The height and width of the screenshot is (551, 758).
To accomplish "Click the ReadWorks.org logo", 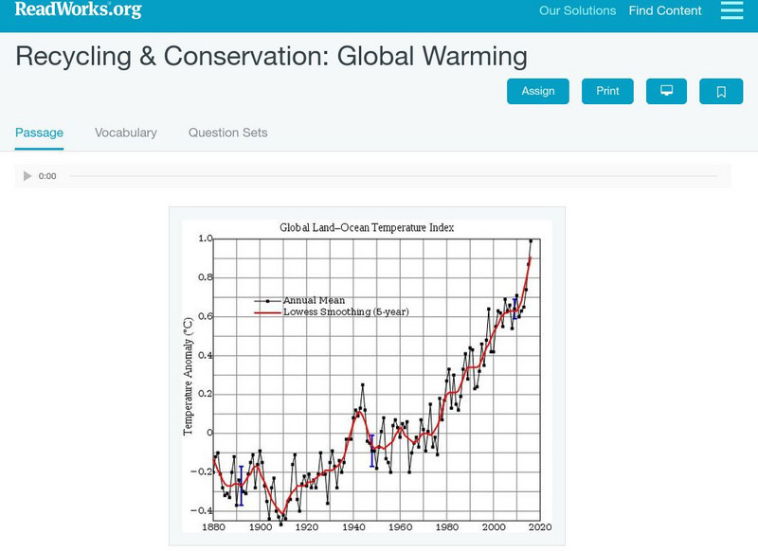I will tap(79, 10).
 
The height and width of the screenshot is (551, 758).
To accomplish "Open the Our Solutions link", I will tap(577, 11).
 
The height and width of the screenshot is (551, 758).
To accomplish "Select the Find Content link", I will tap(665, 11).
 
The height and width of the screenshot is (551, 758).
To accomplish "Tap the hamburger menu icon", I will tap(731, 10).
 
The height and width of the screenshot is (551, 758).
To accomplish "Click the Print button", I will tap(607, 91).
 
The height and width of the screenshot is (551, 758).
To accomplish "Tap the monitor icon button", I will tap(667, 91).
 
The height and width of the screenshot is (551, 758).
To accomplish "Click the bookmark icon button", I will tap(721, 91).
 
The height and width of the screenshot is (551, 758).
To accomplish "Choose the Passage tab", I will tap(39, 133).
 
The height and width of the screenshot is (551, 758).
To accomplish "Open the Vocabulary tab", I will tap(126, 133).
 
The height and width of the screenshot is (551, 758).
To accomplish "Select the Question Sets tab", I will tap(227, 133).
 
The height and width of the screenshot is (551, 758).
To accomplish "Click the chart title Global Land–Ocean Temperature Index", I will tap(367, 227).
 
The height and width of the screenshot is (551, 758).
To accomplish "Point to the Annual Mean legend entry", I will tap(314, 300).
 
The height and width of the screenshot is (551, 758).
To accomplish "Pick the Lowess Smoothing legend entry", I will tap(346, 311).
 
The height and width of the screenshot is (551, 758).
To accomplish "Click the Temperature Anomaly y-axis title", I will tap(189, 376).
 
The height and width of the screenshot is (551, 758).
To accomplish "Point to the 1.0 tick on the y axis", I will tap(206, 239).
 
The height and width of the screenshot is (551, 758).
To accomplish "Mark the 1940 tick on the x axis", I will tap(353, 526).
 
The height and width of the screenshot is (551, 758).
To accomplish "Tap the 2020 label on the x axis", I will tap(540, 526).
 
